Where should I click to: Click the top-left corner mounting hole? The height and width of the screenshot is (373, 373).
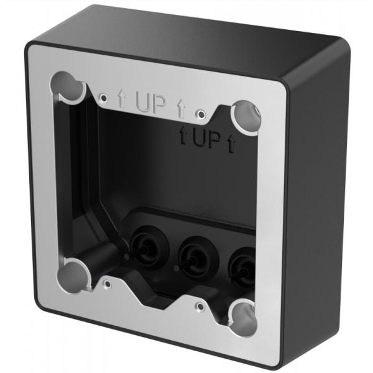(68, 87)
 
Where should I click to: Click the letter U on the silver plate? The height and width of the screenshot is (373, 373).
(142, 103)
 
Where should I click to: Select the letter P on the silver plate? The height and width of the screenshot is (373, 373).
(160, 106)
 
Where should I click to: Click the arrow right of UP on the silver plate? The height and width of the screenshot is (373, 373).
(181, 110)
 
